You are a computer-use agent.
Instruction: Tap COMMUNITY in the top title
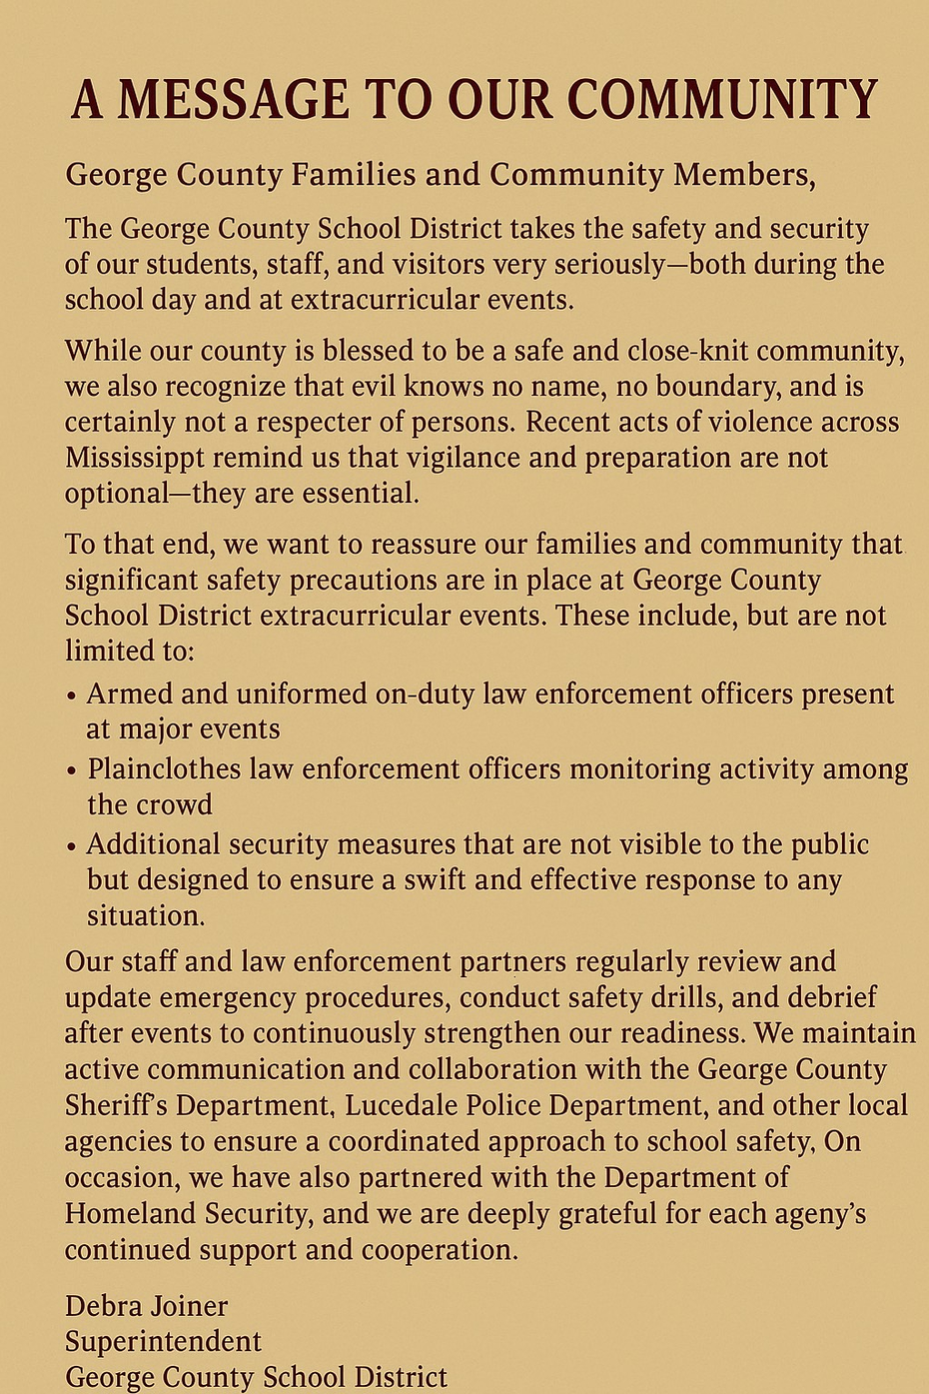[x=722, y=100]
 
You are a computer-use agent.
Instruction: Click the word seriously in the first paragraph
[x=610, y=265]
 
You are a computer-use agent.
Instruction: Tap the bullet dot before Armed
[x=71, y=697]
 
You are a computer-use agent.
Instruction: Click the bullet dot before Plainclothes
[x=71, y=771]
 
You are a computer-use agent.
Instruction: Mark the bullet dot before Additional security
[x=71, y=846]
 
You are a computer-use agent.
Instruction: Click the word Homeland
[x=131, y=1214]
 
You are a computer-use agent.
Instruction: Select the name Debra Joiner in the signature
[x=146, y=1306]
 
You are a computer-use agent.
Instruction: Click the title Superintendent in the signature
[x=163, y=1342]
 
